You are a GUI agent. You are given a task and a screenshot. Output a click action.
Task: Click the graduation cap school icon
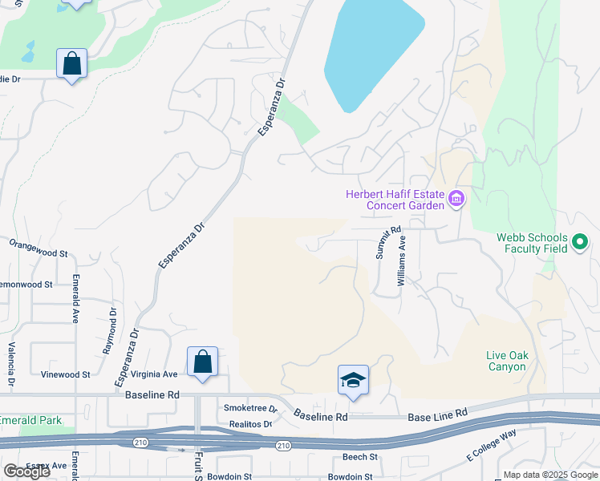point(353,381)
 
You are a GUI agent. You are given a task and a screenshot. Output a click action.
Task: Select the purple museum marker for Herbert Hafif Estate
point(456,198)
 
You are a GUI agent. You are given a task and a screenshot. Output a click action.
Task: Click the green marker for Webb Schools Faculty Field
point(580,241)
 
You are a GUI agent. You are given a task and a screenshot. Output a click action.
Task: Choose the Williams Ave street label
point(402,261)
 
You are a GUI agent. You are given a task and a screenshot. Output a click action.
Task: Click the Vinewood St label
point(66,374)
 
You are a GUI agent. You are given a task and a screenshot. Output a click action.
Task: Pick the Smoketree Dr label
point(250,409)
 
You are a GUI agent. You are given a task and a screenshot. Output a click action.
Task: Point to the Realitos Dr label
point(249,423)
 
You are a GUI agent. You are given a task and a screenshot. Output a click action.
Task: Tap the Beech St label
point(359,457)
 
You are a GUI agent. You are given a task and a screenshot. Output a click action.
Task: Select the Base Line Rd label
point(437,414)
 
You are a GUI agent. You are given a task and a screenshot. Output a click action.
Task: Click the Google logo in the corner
point(26,471)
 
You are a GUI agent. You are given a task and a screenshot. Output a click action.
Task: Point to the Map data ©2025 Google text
point(549,475)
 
